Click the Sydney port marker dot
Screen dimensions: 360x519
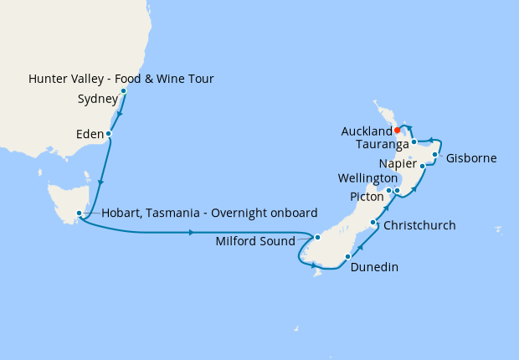[123, 90]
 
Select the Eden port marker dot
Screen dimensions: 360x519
[109, 133]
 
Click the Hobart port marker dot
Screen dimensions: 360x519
[79, 213]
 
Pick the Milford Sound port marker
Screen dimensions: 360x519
[317, 238]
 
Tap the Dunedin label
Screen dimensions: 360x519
[375, 267]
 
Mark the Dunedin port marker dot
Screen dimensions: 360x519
[347, 255]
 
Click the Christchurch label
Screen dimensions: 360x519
[419, 225]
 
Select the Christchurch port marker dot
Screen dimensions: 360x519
[373, 223]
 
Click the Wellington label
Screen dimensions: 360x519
[368, 178]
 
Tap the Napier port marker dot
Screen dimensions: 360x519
[423, 167]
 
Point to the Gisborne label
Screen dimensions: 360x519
[472, 157]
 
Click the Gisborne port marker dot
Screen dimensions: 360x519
[436, 154]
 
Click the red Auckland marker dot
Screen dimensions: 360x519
[397, 131]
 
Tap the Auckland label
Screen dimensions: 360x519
[367, 131]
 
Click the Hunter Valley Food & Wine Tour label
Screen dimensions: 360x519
[121, 80]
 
